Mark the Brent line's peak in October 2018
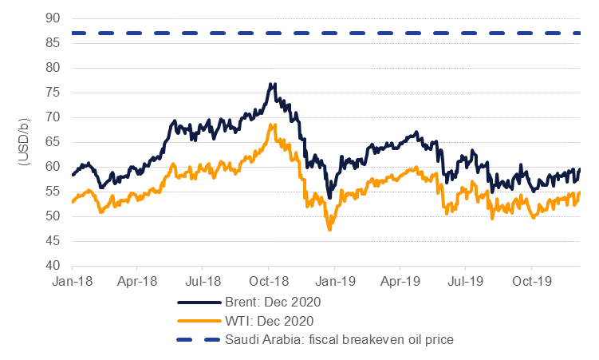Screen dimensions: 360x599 [x=273, y=83]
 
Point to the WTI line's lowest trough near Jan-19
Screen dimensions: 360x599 [x=329, y=229]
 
